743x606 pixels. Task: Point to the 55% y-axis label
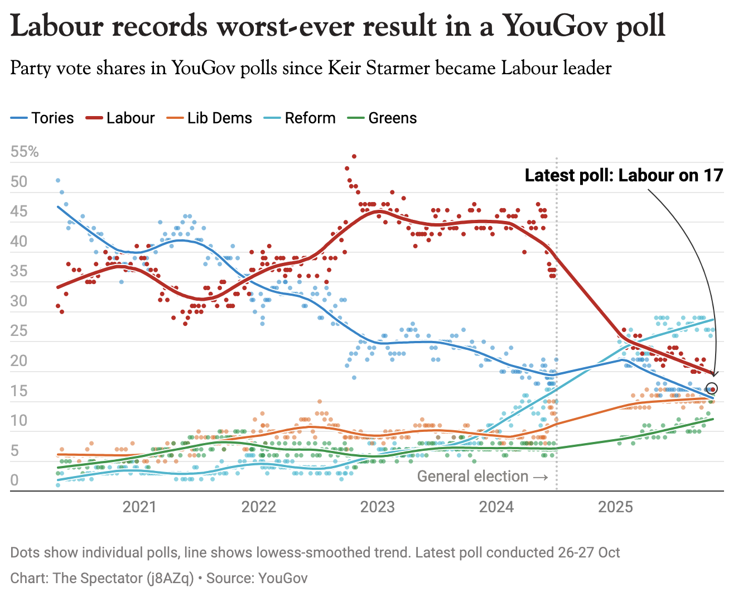click(x=25, y=152)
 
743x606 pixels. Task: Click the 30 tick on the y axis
click(x=19, y=301)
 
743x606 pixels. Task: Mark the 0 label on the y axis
click(x=15, y=480)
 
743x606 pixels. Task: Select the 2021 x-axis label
click(x=139, y=507)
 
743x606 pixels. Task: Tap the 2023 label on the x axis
click(x=378, y=507)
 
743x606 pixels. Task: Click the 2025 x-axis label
click(x=615, y=507)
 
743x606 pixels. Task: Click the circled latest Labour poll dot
click(x=712, y=389)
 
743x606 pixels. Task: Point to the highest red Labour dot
click(x=354, y=157)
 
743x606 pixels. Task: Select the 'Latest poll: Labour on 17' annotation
click(x=624, y=175)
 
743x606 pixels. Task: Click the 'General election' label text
click(x=472, y=477)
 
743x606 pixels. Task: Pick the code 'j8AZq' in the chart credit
click(x=170, y=578)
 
